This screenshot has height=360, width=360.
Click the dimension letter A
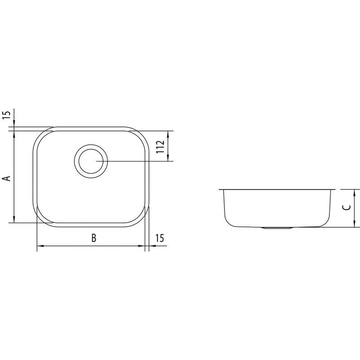click(x=6, y=179)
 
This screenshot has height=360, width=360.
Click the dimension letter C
click(x=346, y=207)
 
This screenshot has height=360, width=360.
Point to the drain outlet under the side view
click(x=277, y=228)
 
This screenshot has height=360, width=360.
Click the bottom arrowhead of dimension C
click(x=355, y=224)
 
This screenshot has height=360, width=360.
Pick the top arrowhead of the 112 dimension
click(x=168, y=134)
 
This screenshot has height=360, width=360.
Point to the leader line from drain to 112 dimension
click(x=135, y=161)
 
